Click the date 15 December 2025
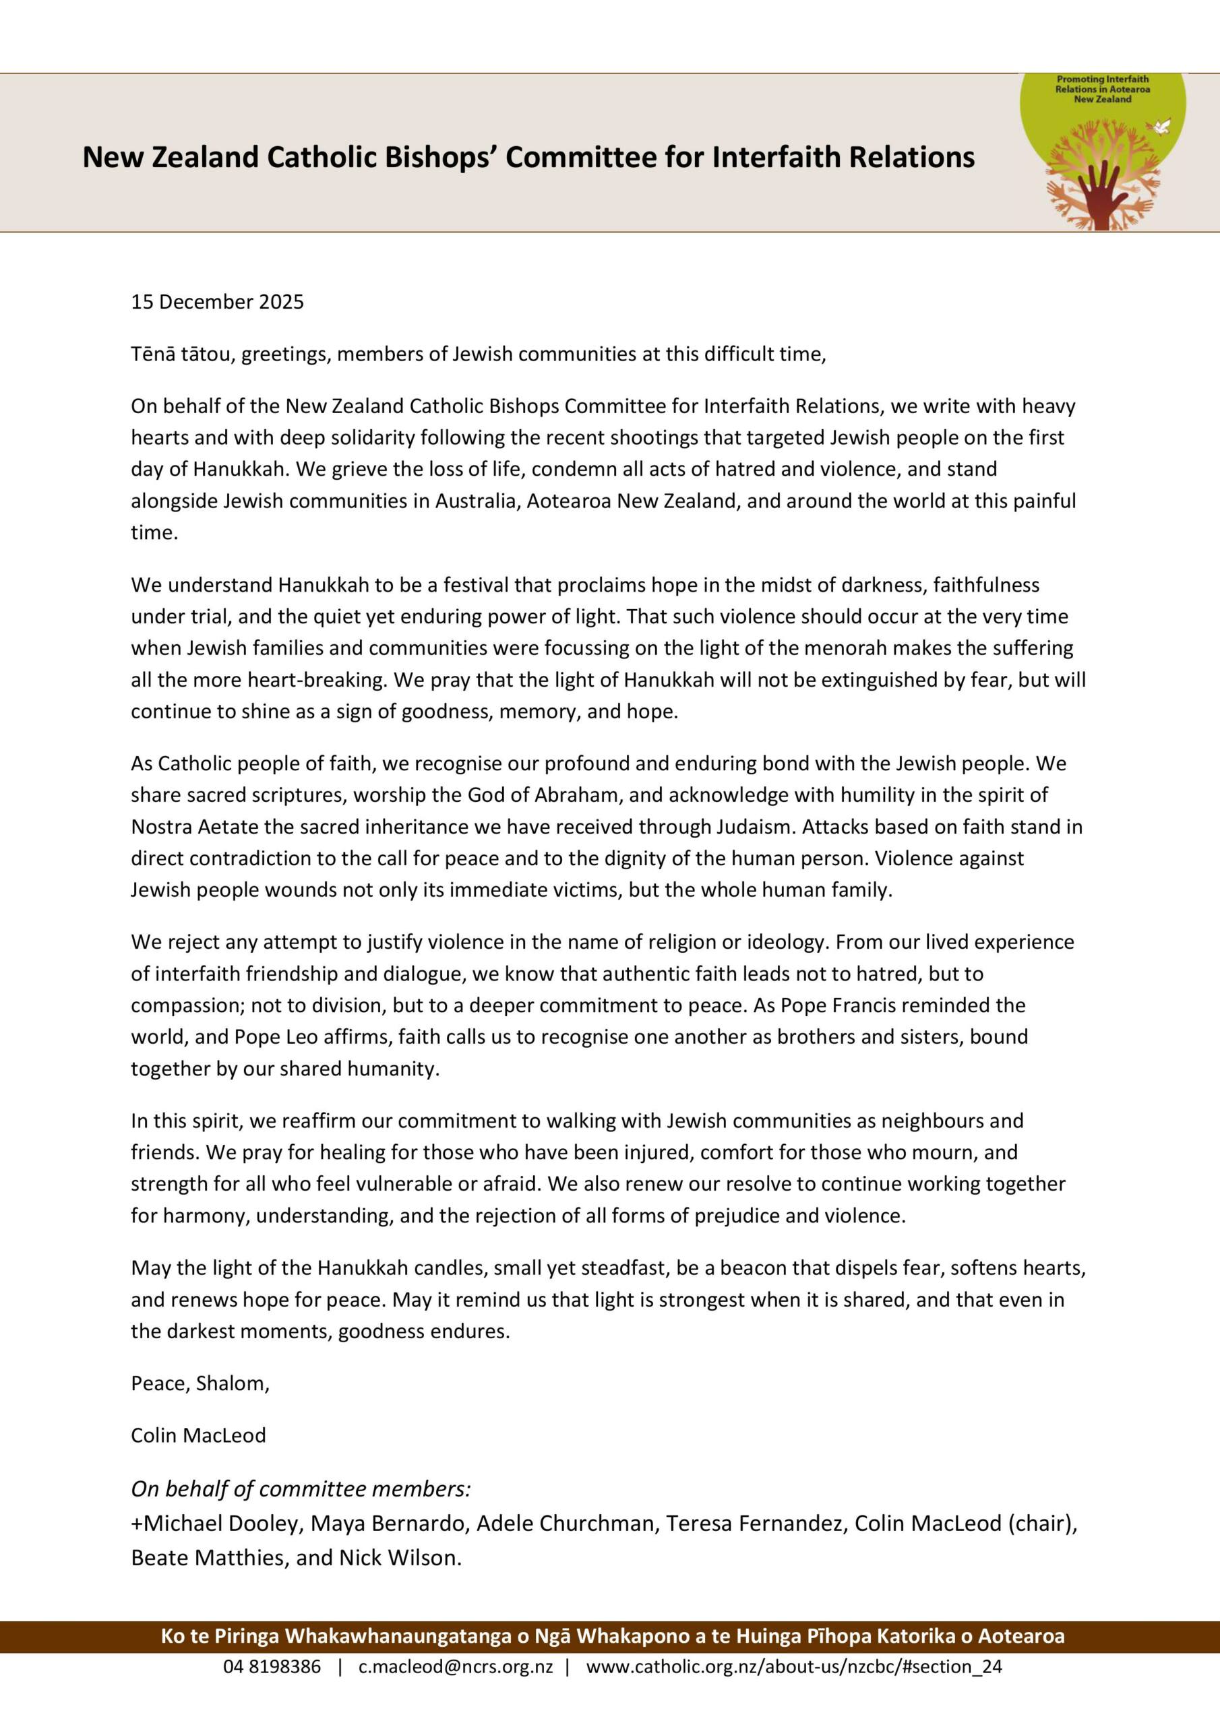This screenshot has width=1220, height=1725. (x=217, y=302)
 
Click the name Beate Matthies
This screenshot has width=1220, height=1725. (x=208, y=1557)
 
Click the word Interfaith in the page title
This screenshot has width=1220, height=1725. (x=775, y=157)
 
